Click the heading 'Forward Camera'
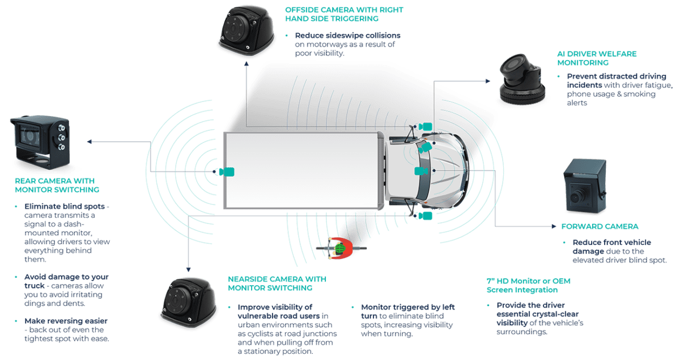600,226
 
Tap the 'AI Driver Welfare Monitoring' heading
597,58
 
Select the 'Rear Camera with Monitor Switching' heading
57,185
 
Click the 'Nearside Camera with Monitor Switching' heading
276,283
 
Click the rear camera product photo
39,141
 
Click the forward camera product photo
587,187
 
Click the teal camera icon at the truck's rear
227,171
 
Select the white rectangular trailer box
300,171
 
